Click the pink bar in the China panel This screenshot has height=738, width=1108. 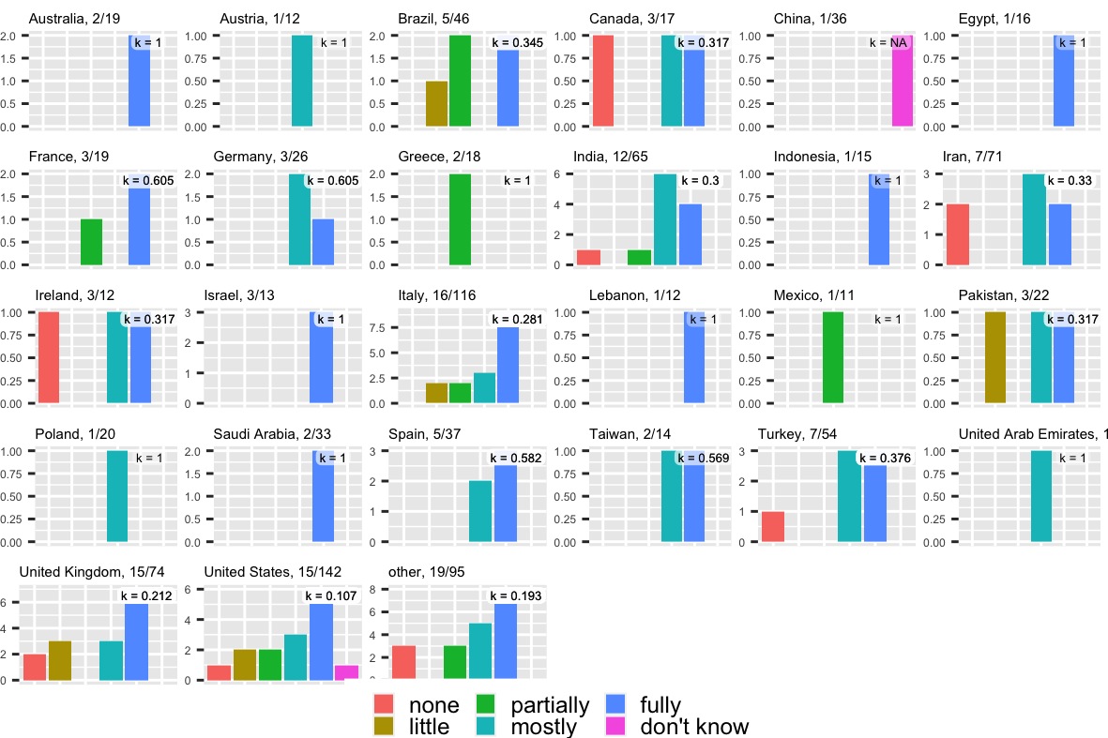(903, 81)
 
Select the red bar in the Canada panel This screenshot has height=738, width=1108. (602, 81)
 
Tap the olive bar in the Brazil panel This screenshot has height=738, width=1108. (437, 103)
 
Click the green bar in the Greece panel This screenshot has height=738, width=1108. (460, 219)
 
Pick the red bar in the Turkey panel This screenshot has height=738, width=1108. (773, 526)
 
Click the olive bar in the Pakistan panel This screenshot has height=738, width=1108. (995, 357)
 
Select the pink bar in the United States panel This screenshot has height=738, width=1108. (346, 672)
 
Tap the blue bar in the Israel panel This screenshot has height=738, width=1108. (322, 357)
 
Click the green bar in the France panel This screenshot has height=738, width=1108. (91, 242)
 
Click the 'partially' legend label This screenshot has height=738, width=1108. (549, 705)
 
